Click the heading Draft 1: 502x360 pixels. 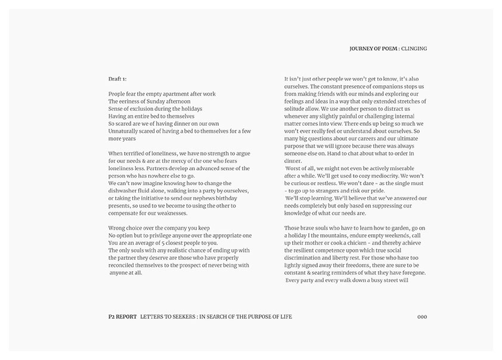point(117,79)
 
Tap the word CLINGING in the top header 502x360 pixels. point(414,48)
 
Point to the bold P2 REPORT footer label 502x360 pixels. point(119,316)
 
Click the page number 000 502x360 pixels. point(422,316)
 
